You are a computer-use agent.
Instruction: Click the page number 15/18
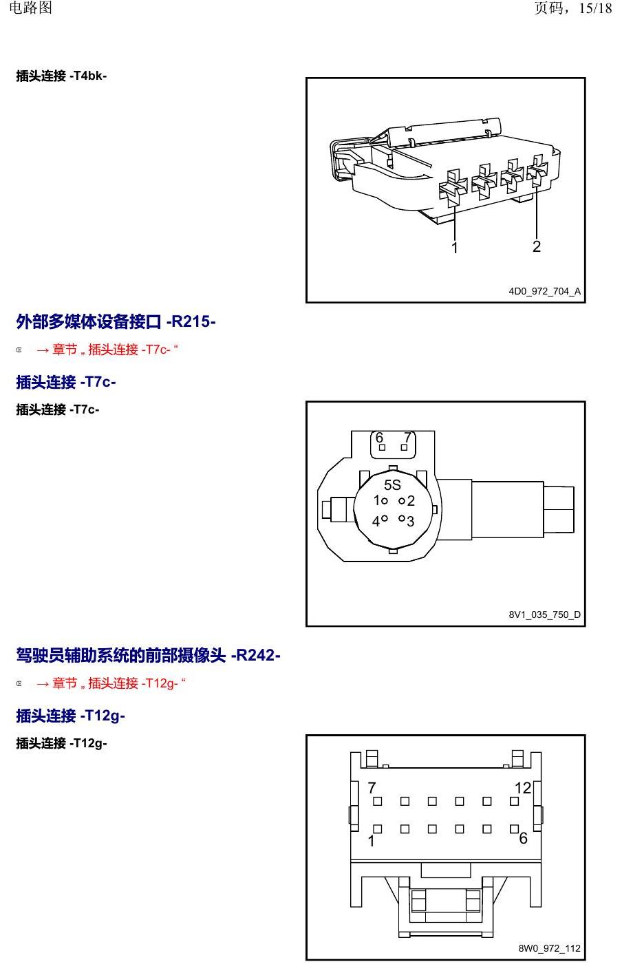click(595, 8)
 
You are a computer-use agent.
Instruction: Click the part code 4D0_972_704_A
click(544, 291)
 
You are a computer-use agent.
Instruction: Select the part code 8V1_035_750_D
click(544, 614)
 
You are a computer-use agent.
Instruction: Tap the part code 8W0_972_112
click(549, 948)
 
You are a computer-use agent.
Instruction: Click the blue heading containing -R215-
click(116, 322)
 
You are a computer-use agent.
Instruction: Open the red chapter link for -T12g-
click(111, 683)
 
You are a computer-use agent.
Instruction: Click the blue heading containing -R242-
click(148, 656)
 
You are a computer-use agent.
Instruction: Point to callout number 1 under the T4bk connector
click(454, 248)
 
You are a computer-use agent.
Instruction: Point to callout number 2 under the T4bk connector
click(537, 246)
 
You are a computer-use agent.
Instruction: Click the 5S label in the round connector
click(392, 484)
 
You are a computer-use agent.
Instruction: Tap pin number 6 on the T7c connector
click(379, 437)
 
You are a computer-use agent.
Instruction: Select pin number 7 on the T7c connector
click(407, 437)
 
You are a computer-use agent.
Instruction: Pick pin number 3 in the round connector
click(410, 521)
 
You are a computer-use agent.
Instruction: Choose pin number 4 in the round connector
click(376, 521)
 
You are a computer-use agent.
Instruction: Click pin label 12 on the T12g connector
click(523, 787)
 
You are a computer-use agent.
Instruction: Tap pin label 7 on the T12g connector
click(372, 787)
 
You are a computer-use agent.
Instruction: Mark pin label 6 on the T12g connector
click(524, 838)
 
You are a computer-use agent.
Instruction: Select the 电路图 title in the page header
click(30, 8)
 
